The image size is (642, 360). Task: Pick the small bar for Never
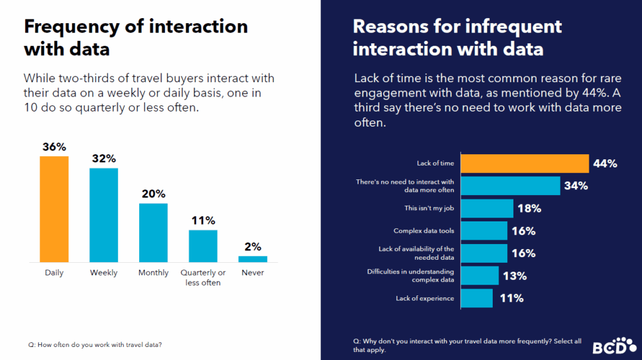point(253,258)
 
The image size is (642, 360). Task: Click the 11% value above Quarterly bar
point(203,221)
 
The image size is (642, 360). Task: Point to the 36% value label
point(54,147)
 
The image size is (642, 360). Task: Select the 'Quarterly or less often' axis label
point(203,277)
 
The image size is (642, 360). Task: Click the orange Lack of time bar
point(525,163)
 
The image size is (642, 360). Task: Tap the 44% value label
point(605,164)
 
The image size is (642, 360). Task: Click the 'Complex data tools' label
point(424,231)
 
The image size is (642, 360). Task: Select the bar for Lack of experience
point(477,298)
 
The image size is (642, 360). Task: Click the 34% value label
point(575,186)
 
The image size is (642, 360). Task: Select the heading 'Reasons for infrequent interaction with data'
point(457,38)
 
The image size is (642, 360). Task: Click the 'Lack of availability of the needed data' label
point(416,253)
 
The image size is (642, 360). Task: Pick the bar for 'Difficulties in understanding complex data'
point(480,275)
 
